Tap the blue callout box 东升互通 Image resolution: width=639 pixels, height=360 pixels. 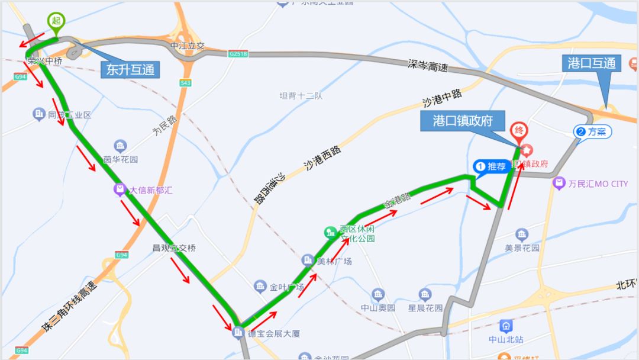click(130, 69)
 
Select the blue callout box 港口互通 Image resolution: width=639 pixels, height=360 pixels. click(591, 63)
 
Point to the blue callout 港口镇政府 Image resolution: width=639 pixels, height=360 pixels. click(463, 121)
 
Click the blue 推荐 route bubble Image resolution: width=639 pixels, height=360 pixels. click(492, 166)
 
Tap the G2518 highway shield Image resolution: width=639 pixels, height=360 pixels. click(238, 54)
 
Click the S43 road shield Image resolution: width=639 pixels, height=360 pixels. click(185, 83)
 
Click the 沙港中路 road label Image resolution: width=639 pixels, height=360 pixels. click(441, 99)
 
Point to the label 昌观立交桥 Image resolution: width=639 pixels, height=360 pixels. click(174, 247)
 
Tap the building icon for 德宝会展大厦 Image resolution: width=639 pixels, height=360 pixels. click(238, 333)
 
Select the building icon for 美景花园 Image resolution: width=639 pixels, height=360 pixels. click(521, 234)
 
